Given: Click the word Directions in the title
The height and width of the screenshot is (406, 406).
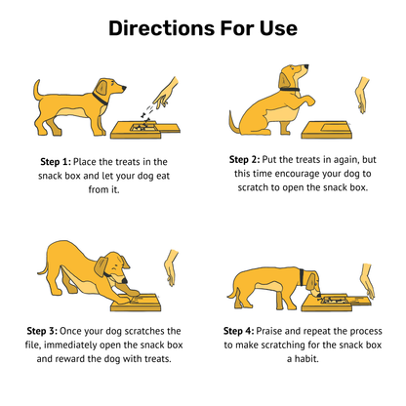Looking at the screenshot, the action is coord(161,28).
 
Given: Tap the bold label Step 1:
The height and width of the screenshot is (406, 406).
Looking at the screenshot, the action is coord(56,162).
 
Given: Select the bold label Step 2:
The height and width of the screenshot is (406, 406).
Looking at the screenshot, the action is coord(244,159).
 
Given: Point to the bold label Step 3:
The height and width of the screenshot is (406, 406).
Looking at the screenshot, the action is coord(42,331).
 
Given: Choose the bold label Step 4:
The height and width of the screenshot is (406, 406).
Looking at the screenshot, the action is coord(238,331).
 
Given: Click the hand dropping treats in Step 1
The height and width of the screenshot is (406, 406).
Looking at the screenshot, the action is coord(166,92).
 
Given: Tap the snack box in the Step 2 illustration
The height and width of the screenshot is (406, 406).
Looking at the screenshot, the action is coord(326,130).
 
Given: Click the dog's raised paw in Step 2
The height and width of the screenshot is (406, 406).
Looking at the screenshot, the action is coord(308,100).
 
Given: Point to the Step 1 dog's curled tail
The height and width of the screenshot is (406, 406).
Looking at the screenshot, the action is coord(38,90).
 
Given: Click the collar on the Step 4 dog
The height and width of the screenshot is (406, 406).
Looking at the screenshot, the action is coord(302,277).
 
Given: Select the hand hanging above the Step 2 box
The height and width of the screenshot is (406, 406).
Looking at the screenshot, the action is coord(362,95).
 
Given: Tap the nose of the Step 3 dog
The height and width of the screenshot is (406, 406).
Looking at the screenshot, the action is coord(124,280).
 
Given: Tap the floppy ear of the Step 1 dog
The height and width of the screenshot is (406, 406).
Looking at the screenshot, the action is coord(101,88).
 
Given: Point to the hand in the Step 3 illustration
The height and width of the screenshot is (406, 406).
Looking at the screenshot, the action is coord(172,267).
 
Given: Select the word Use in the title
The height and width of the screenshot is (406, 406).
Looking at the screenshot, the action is coord(278,28).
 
